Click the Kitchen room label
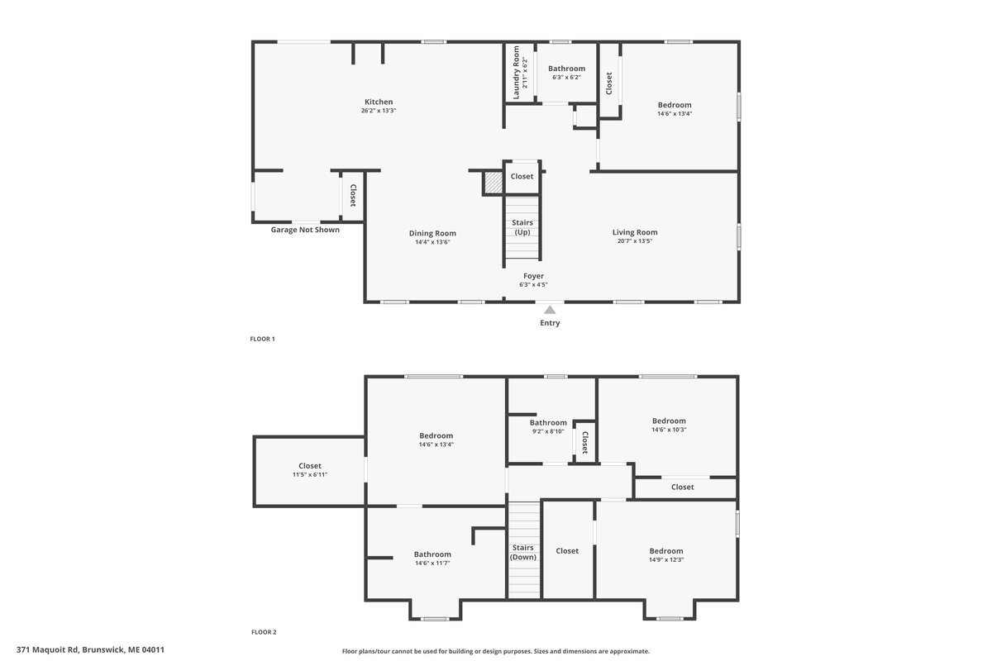[379, 102]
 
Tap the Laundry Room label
[516, 73]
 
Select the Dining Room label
[432, 233]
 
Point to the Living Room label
[635, 232]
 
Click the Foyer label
[533, 276]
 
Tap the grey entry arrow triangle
[550, 310]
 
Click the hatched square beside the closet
[494, 183]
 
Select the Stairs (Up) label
[522, 227]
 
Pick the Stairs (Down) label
[523, 552]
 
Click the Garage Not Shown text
[305, 230]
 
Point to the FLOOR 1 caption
[262, 339]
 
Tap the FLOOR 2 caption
[264, 632]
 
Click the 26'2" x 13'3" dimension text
[379, 111]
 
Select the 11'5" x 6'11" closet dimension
[309, 474]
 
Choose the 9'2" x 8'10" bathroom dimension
[548, 431]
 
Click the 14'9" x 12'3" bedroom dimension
[666, 559]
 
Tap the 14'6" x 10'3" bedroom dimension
[669, 430]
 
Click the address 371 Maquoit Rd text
[90, 650]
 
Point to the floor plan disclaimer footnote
[495, 651]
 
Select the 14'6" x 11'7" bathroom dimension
[432, 564]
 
